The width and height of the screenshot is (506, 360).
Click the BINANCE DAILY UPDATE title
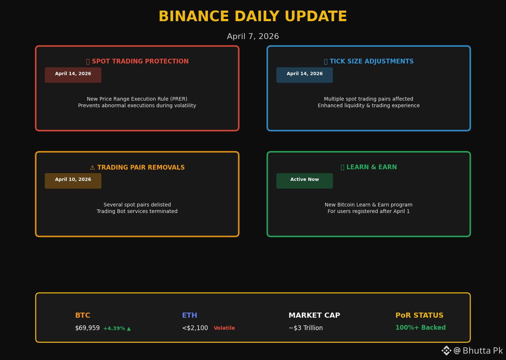pos(253,16)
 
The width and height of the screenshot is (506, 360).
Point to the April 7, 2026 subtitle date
pos(253,36)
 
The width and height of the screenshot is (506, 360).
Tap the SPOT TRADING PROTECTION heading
pos(140,61)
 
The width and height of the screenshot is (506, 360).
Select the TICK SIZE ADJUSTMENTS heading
pos(372,61)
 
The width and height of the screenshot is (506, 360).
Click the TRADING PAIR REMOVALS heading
pos(141,167)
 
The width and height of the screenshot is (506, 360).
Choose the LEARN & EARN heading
pos(372,167)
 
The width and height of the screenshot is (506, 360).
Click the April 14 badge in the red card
pos(73,75)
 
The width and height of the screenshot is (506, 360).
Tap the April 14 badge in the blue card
pos(305,75)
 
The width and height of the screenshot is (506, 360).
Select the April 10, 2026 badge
pos(73,181)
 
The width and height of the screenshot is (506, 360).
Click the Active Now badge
pos(305,181)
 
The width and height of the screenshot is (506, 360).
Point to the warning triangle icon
pos(92,167)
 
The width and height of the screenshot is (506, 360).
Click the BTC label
pos(83,315)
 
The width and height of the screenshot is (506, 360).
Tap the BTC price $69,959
pos(88,328)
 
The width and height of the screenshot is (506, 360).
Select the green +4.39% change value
pos(114,328)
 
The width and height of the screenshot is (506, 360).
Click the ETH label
pos(190,315)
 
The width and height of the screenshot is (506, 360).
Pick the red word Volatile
pos(224,328)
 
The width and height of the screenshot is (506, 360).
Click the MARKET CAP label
pos(314,315)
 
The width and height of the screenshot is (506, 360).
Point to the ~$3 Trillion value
pos(306,328)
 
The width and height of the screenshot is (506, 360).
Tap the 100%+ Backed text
pos(421,328)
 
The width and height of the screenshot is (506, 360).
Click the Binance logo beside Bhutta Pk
pos(447,351)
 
